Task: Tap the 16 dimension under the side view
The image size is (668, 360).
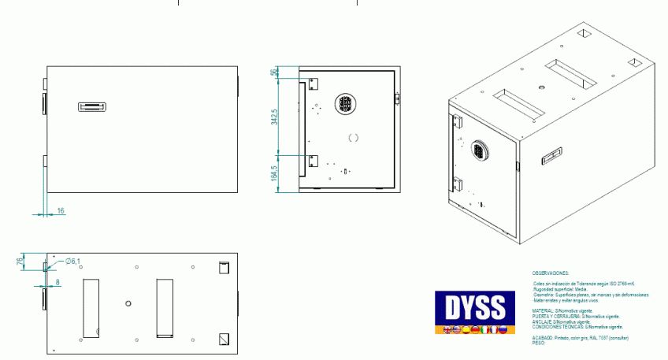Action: click(x=61, y=210)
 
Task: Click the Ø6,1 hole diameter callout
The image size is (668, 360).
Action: click(x=71, y=262)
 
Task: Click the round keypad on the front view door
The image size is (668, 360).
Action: click(x=346, y=104)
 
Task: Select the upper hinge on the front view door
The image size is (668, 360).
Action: click(x=312, y=84)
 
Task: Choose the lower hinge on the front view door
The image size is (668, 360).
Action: click(x=312, y=161)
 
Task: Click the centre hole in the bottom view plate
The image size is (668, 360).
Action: click(x=129, y=302)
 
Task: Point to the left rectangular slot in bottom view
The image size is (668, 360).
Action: click(x=91, y=307)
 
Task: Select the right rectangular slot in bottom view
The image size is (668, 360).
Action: click(x=164, y=307)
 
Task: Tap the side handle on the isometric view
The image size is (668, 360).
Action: click(x=551, y=156)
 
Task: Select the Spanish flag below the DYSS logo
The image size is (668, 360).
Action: click(x=464, y=329)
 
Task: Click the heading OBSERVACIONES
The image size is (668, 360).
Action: click(x=551, y=272)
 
